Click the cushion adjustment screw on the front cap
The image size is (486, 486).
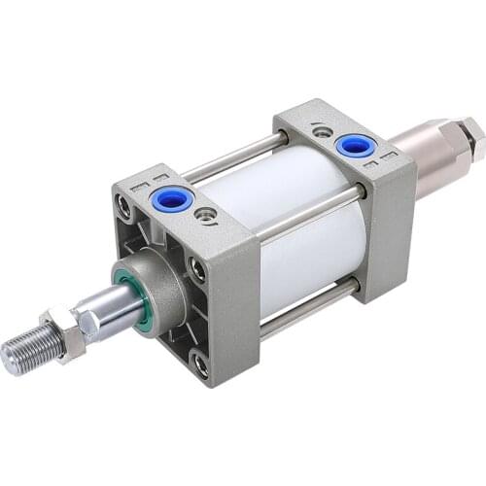pyautogui.click(x=205, y=214)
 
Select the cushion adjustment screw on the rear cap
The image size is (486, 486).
pyautogui.click(x=321, y=128)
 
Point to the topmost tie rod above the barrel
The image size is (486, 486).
pyautogui.click(x=233, y=158)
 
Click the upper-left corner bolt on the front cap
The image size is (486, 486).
pyautogui.click(x=124, y=204)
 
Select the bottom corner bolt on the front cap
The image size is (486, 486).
pyautogui.click(x=200, y=365)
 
